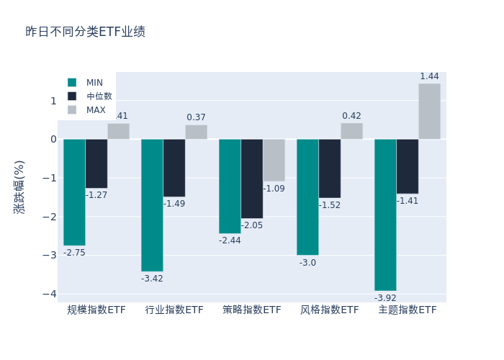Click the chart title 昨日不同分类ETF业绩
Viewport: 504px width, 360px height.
(x=85, y=32)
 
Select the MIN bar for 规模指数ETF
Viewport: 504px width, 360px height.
(x=74, y=192)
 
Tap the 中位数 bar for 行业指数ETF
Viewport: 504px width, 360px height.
(x=174, y=168)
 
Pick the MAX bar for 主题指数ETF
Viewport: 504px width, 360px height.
(x=429, y=112)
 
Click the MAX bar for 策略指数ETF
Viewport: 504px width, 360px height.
(x=274, y=160)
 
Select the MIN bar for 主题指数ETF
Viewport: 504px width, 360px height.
(x=385, y=215)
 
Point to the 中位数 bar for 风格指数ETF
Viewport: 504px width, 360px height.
(x=330, y=168)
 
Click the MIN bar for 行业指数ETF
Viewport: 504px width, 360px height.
(x=152, y=205)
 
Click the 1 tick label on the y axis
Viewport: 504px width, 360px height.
(x=53, y=101)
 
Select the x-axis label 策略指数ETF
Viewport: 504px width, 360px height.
(x=252, y=310)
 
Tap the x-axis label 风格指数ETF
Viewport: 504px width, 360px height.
(x=330, y=310)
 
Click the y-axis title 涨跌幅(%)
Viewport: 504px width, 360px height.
(x=19, y=186)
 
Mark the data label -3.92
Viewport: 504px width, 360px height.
(x=385, y=298)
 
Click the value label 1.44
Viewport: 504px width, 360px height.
(x=429, y=76)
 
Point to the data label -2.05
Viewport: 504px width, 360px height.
(x=252, y=225)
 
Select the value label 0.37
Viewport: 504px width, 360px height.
(x=196, y=117)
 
